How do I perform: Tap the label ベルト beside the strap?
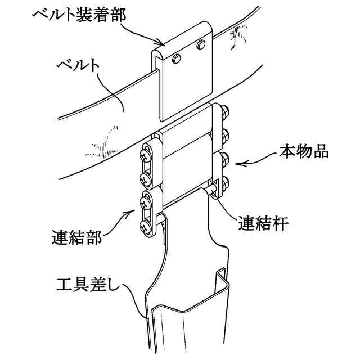tap(79, 65)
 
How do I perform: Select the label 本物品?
tap(303, 153)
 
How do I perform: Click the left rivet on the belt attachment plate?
tap(177, 58)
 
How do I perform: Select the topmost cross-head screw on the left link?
tap(148, 151)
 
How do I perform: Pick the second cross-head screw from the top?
tap(148, 179)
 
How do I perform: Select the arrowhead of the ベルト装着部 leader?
tap(163, 44)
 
